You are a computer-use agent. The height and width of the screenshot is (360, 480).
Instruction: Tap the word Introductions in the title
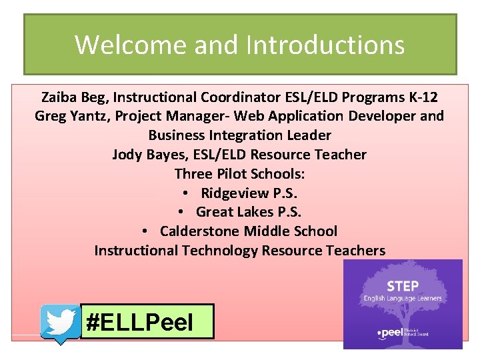325,45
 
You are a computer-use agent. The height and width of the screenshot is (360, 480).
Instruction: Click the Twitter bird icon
61,323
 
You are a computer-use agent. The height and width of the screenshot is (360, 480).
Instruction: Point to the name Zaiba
59,97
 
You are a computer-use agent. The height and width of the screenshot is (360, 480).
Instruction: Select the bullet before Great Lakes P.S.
181,213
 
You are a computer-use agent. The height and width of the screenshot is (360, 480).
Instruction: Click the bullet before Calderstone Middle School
145,232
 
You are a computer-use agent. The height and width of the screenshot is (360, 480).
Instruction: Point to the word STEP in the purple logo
403,286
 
